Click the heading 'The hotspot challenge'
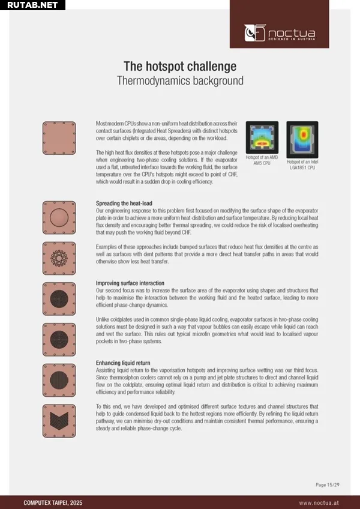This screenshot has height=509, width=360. [x=180, y=66]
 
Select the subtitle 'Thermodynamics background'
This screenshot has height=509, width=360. [x=180, y=80]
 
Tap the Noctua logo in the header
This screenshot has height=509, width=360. [x=279, y=32]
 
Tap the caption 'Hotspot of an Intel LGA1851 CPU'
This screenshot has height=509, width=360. [x=302, y=164]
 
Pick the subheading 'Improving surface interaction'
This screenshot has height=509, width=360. [x=130, y=283]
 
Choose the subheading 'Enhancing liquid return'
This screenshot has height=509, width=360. [x=123, y=363]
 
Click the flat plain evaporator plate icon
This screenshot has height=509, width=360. [x=59, y=138]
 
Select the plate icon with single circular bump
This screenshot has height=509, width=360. [x=59, y=218]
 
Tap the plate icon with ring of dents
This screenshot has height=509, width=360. [x=59, y=258]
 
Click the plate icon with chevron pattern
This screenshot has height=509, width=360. [x=59, y=419]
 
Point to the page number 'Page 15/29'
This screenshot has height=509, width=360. [x=328, y=484]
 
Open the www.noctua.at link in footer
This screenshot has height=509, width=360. [x=320, y=502]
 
